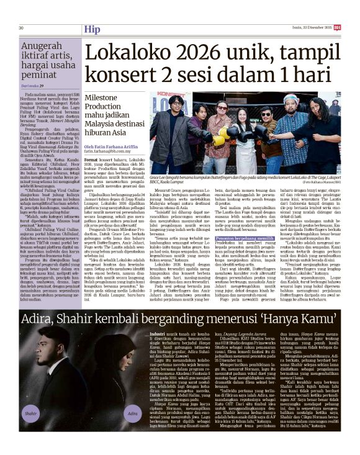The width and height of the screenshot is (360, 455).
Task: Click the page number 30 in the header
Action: (x=21, y=28)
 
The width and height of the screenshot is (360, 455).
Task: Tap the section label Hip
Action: (x=92, y=29)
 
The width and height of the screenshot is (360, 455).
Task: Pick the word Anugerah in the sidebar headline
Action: (x=43, y=46)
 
